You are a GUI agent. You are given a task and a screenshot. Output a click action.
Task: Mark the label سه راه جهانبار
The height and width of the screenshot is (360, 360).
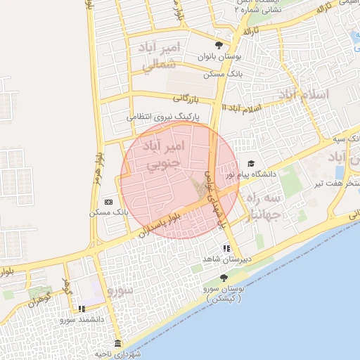click(262, 207)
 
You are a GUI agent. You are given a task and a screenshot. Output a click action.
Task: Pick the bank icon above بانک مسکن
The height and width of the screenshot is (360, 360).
click(108, 202)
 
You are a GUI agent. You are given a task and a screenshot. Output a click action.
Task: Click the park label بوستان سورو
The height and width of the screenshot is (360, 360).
click(225, 293)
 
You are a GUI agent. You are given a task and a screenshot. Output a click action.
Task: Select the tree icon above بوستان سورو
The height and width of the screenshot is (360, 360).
click(224, 278)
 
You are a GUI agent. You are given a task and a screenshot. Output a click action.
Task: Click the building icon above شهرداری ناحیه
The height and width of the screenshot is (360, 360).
click(117, 343)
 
